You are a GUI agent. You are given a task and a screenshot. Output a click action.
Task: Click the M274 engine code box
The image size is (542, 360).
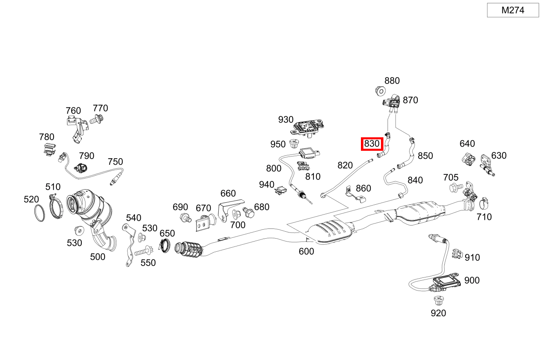513,10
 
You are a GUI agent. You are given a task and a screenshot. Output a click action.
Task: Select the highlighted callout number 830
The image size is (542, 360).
372,144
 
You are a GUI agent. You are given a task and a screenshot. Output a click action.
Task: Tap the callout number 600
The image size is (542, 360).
306,252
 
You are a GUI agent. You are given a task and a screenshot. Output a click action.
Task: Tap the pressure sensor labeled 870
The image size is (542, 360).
391,102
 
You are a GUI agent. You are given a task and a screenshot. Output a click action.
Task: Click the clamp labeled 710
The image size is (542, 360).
484,202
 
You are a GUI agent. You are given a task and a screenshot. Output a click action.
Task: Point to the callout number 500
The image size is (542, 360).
97,257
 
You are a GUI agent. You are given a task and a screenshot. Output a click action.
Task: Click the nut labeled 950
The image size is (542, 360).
293,144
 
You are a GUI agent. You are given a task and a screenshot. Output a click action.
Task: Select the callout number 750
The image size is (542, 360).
115,162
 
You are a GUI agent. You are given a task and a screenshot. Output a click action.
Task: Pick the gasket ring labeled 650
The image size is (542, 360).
165,246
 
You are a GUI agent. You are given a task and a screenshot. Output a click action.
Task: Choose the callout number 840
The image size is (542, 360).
415,180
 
